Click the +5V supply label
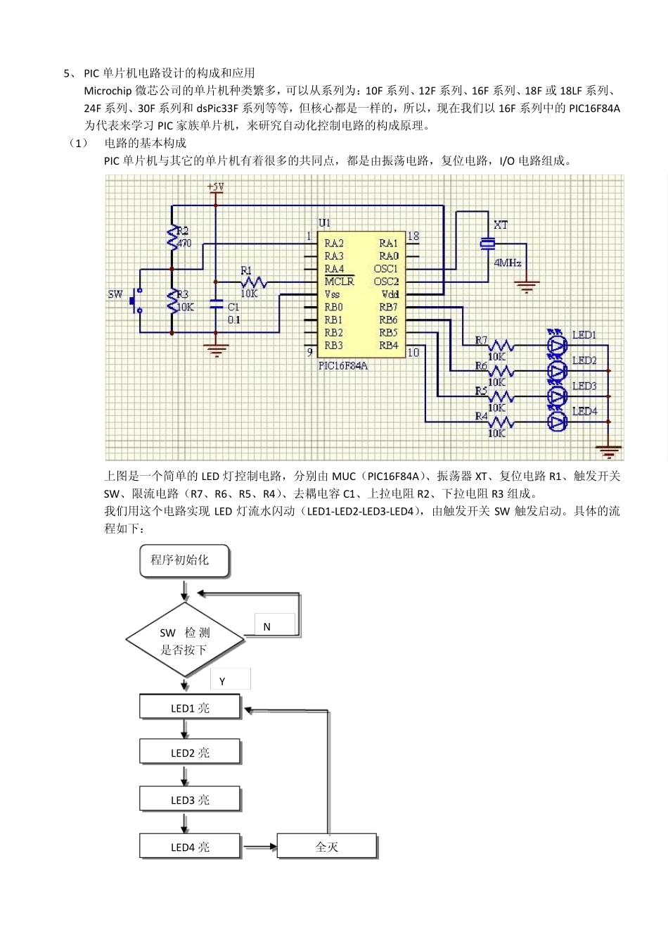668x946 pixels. (216, 187)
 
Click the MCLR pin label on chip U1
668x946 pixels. (339, 282)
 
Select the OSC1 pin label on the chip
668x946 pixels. (386, 269)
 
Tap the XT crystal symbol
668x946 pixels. (487, 244)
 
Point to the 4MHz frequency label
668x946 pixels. (508, 263)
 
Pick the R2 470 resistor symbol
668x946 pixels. (172, 237)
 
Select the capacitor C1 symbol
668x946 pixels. (216, 313)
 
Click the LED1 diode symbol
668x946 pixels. (558, 344)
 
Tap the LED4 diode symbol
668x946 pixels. (558, 422)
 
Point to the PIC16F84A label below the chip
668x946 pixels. (343, 366)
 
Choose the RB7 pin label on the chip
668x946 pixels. (388, 307)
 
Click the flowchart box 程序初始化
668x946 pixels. (184, 560)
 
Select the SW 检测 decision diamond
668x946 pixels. (185, 640)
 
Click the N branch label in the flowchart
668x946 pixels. (267, 626)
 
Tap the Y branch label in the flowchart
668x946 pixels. (222, 681)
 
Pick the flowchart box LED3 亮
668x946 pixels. (190, 800)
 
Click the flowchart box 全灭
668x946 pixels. (327, 846)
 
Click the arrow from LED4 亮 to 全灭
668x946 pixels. (259, 847)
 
